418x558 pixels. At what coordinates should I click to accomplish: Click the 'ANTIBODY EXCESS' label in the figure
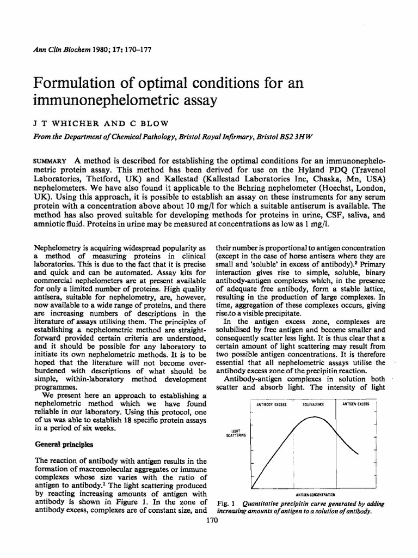click(x=271, y=405)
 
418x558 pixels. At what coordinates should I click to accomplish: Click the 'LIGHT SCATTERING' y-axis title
click(x=235, y=433)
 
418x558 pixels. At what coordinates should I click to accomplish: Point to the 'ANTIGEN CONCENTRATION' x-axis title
click(x=315, y=494)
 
